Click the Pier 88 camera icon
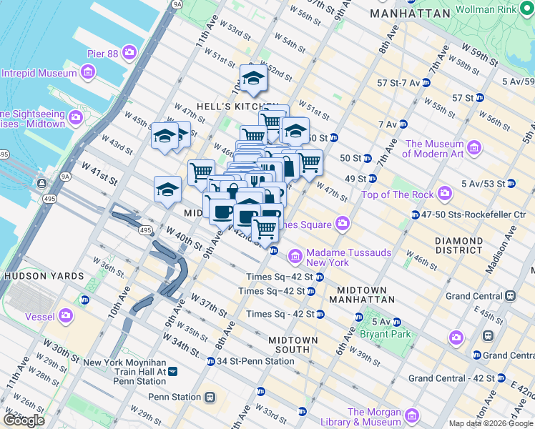tap(129, 51)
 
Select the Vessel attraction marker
tap(66, 315)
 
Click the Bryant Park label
tap(391, 334)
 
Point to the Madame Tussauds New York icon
tap(295, 256)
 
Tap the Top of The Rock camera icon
tap(444, 194)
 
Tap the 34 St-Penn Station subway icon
tap(210, 361)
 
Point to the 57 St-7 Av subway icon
tap(427, 83)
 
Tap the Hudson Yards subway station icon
tap(85, 300)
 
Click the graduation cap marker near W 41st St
tap(167, 190)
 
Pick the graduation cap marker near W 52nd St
tap(252, 79)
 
